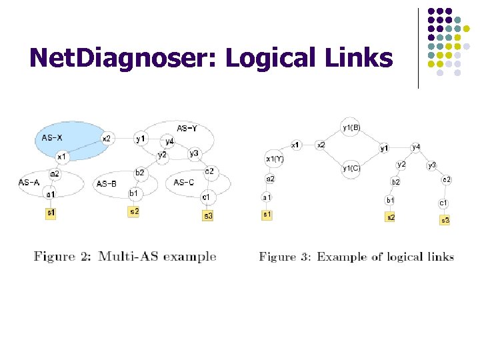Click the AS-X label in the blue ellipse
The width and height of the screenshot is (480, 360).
(47, 138)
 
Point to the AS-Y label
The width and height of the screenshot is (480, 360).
(186, 128)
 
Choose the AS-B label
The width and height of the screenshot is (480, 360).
(107, 183)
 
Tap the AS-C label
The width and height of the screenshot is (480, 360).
(184, 182)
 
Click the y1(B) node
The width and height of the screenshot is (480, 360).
(351, 127)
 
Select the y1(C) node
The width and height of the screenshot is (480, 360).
(351, 168)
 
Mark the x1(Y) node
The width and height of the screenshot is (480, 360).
(275, 159)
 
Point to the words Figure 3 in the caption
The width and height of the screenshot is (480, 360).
(286, 257)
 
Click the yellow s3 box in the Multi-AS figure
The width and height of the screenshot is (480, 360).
(208, 215)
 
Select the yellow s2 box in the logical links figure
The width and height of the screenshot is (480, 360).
(391, 216)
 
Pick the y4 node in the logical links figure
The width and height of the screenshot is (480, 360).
(416, 147)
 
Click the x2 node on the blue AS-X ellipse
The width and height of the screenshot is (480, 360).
(106, 139)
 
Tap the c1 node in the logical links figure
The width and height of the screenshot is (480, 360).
(443, 202)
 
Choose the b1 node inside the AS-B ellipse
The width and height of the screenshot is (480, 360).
(133, 193)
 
